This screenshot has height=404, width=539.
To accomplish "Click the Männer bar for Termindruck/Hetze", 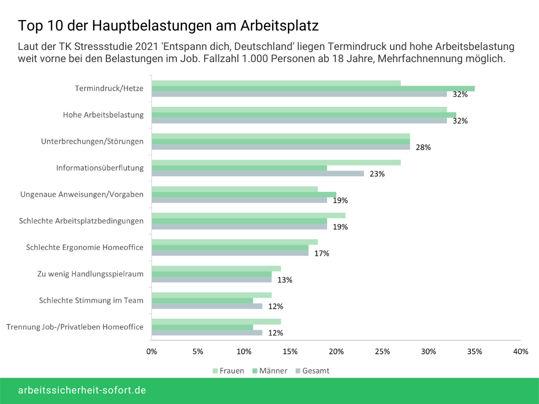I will coord(313,88).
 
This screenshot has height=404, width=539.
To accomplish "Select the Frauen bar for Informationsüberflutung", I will coord(276,163).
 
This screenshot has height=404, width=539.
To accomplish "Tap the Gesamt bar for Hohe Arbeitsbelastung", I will coord(299,120).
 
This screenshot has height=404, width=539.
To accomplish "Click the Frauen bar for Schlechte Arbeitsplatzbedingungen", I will coord(248,215).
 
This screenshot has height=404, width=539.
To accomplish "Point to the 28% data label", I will coord(423,147).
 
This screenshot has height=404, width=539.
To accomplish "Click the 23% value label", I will coord(377,174).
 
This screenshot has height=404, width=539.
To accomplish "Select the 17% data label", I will coord(322,253).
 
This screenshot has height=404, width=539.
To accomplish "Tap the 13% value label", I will coord(285,280).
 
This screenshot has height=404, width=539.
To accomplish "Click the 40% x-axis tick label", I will coord(521,351).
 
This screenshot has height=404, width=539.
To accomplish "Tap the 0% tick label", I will coord(152,351).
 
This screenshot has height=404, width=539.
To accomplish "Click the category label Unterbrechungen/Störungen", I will coord(92,142).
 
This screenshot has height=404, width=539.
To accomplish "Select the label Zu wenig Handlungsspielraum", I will coord(91,274).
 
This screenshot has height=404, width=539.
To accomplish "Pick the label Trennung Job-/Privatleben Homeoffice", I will coord(75,327).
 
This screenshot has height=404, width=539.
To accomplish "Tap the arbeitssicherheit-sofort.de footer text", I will coord(82,390).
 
